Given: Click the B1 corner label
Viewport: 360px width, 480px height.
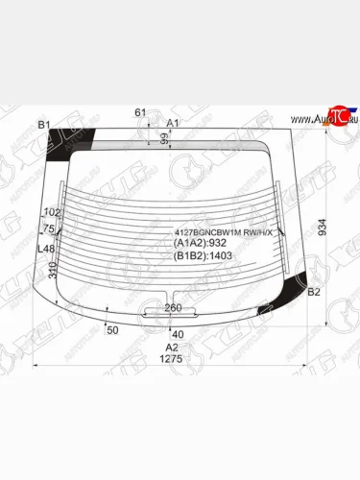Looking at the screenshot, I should [x=43, y=125].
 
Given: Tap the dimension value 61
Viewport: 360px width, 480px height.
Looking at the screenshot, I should [x=140, y=113].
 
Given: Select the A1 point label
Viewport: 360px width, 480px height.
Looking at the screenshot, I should [x=173, y=124].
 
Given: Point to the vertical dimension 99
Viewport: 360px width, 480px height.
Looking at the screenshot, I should [x=164, y=140].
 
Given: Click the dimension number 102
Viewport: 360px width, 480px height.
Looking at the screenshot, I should [x=53, y=212].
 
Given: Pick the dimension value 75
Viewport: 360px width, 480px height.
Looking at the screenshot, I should [x=49, y=228].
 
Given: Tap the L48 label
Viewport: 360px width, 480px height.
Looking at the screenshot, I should [x=45, y=249].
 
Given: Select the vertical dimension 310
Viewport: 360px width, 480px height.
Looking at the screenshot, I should [x=53, y=271].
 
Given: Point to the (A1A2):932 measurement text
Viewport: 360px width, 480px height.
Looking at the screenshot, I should [x=202, y=245].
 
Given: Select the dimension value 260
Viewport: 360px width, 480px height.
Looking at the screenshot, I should [x=174, y=307].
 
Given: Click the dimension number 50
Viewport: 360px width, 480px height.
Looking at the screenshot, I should [x=111, y=330].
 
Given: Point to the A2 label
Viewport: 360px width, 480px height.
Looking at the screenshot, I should [x=172, y=347].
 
